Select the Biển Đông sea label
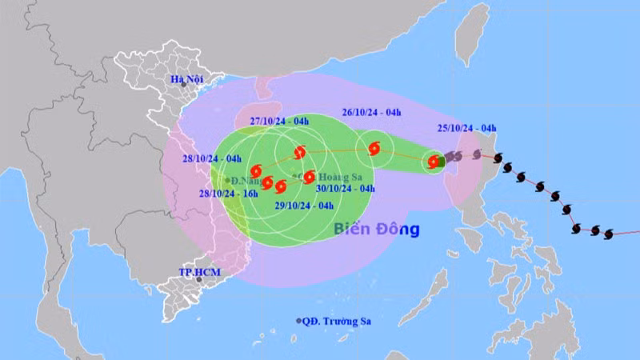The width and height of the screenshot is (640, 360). click(376, 230)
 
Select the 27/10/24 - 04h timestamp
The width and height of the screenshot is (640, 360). click(281, 122)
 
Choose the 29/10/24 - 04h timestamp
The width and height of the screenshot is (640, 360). click(303, 205)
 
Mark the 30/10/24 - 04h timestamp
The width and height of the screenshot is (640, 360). click(345, 189)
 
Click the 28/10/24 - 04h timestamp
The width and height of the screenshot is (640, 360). click(210, 158)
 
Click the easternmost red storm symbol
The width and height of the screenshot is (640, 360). click(433, 162)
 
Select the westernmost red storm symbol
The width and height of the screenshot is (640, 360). click(255, 170)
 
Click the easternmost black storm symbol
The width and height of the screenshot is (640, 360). click(609, 234)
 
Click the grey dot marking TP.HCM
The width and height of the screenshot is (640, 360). click(199, 280)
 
